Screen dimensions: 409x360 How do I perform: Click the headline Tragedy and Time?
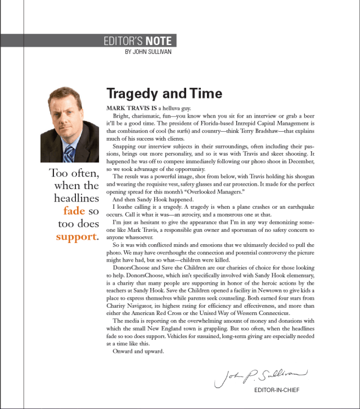(164, 93)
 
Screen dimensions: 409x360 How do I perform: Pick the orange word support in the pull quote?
(76, 236)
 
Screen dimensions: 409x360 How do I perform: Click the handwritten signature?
(261, 375)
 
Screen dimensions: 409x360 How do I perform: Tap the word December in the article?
(298, 161)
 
